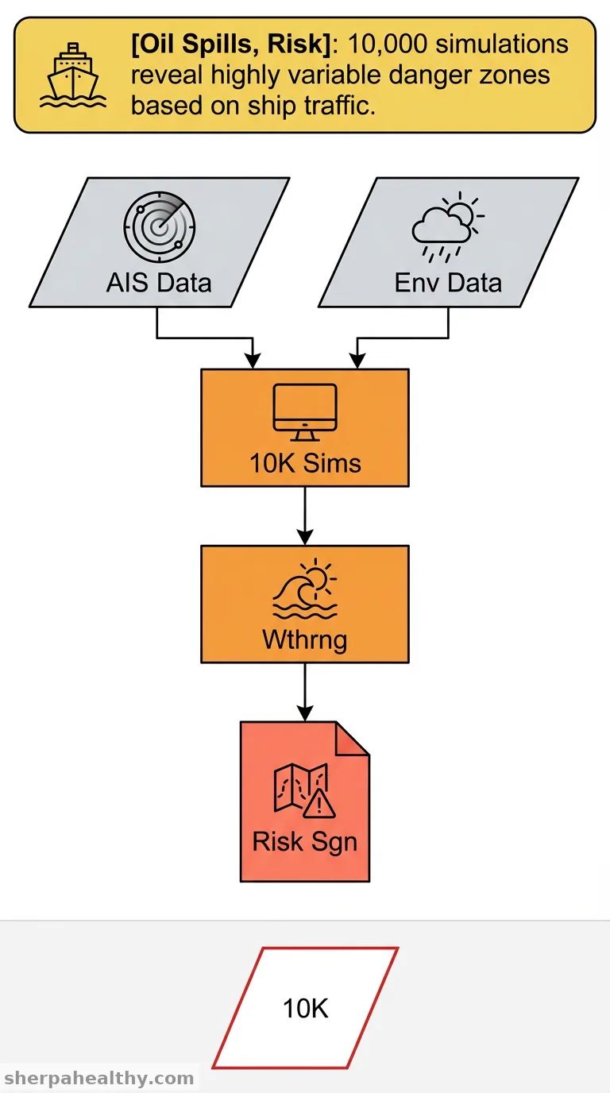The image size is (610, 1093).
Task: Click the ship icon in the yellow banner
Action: pos(73,75)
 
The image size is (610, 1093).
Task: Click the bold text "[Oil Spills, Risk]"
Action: pos(231,44)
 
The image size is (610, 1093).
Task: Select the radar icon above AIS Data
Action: pos(159,227)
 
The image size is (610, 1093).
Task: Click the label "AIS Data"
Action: pos(159,283)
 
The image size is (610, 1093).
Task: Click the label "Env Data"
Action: pos(448,283)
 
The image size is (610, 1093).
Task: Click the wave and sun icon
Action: pos(305,589)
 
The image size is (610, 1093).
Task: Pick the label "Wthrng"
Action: pos(305,639)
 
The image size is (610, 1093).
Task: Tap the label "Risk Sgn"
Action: pos(305,842)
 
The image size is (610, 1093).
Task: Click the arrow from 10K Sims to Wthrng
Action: pos(305,516)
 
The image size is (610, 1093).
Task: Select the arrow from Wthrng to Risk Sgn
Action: pos(305,692)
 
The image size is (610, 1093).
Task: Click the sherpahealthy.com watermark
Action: pos(98,1078)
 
